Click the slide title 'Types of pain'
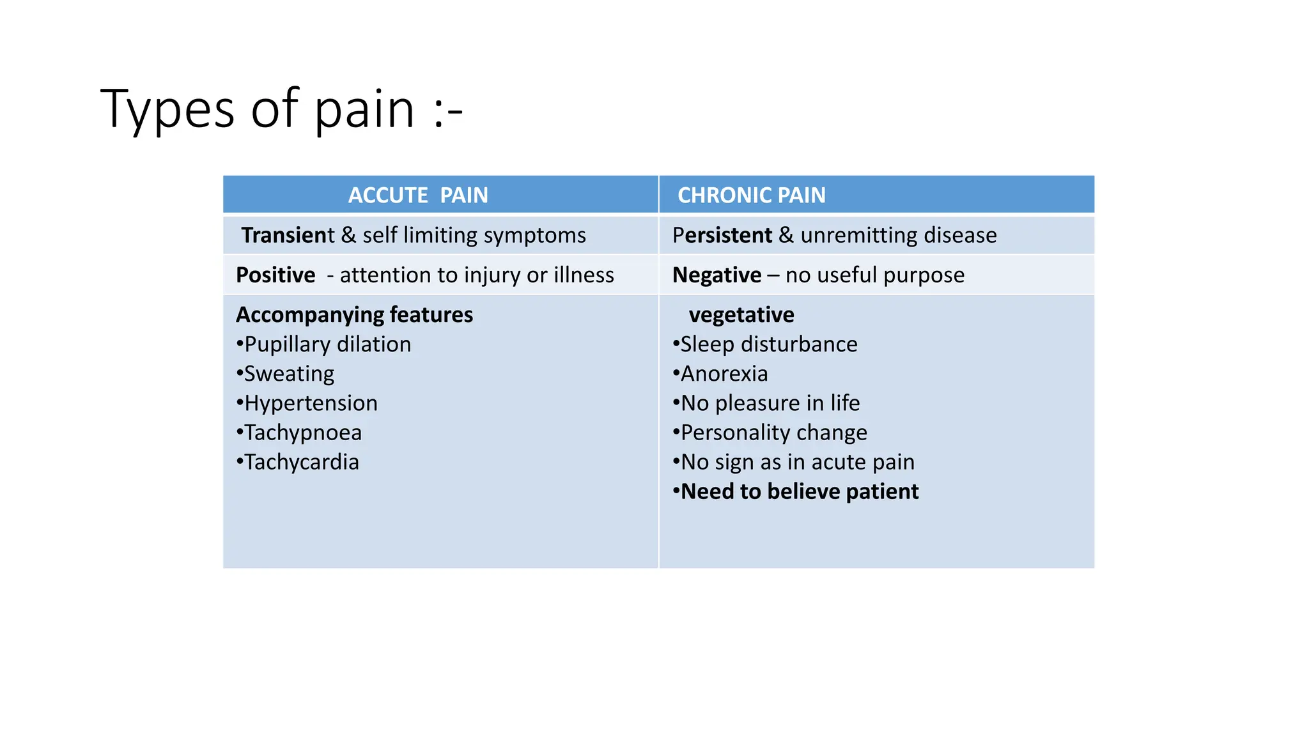coord(281,110)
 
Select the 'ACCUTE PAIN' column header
coord(418,195)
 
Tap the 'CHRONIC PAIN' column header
coord(751,195)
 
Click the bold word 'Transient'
coord(286,235)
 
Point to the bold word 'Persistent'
coord(722,235)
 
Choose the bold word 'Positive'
coord(275,275)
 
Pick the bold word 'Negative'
coord(716,275)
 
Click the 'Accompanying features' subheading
coord(355,314)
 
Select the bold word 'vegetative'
coord(741,314)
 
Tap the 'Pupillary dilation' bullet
coord(327,344)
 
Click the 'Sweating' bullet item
coord(289,374)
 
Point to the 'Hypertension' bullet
coord(311,403)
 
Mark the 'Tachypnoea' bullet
coord(303,433)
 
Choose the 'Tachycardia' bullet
coord(302,462)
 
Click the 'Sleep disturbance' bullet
coord(769,344)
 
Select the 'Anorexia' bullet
coord(724,374)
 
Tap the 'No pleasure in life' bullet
coord(770,403)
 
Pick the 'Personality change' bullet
coord(774,433)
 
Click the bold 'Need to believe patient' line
coord(800,491)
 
